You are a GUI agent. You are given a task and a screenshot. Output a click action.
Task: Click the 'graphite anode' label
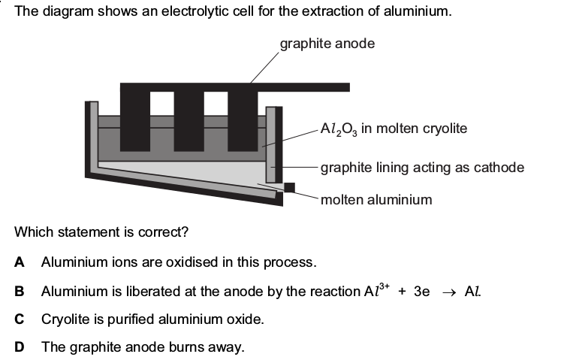tap(327, 44)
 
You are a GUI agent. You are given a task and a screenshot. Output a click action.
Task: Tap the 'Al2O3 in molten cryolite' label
tap(394, 129)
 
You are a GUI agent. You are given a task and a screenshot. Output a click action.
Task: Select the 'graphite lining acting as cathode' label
tap(422, 168)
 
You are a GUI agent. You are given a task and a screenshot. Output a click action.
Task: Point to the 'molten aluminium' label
tap(376, 199)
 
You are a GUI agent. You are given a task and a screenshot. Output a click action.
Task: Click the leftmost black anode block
tap(135, 121)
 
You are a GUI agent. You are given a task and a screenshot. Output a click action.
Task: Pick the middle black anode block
tap(189, 121)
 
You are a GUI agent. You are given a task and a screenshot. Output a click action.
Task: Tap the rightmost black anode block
tap(243, 121)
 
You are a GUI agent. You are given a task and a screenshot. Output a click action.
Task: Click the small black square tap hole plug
tap(289, 187)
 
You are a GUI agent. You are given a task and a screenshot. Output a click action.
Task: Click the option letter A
tap(20, 262)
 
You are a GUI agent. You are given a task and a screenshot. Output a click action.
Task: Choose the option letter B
tap(20, 291)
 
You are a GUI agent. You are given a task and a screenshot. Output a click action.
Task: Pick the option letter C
tap(20, 319)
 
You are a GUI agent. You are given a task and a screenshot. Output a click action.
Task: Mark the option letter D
tap(20, 347)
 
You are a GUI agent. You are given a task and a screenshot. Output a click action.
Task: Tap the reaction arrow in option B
tap(449, 292)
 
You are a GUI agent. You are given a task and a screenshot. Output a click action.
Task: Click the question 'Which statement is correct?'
tap(101, 232)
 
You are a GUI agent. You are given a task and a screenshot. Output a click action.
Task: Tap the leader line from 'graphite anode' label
tap(264, 68)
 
